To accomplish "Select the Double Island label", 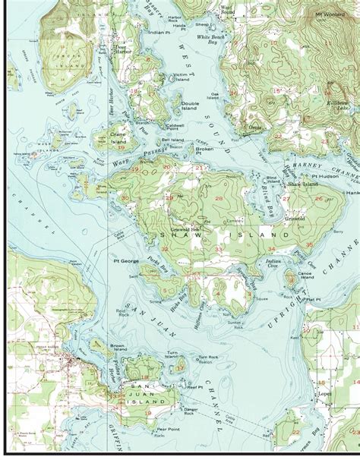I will [x=190, y=106].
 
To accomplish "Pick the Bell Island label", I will [x=172, y=140].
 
